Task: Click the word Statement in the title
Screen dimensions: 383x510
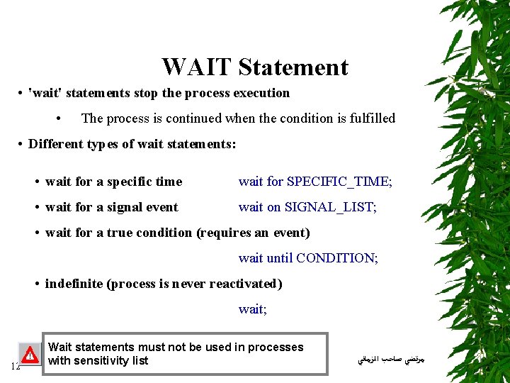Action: (x=293, y=67)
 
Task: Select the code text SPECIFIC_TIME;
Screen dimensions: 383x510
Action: (x=339, y=182)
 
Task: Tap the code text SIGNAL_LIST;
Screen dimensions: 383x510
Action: (x=330, y=207)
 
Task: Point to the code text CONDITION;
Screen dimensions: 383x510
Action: (x=336, y=258)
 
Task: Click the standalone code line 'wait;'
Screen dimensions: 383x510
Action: (x=252, y=309)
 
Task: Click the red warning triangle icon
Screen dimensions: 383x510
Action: (x=30, y=354)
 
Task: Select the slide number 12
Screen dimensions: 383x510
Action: (x=15, y=366)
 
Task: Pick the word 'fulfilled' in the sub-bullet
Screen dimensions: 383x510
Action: (x=372, y=118)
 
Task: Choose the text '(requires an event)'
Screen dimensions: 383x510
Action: (x=253, y=233)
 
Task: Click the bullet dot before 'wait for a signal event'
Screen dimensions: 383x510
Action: (x=36, y=207)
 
